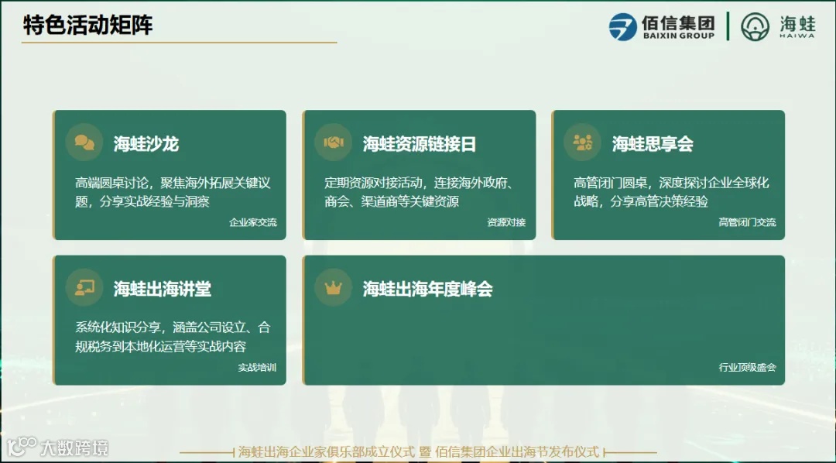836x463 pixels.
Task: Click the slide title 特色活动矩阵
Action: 87,25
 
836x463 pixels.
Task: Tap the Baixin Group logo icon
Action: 622,26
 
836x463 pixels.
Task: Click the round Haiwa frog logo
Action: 755,26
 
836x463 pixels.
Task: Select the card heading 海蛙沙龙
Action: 146,143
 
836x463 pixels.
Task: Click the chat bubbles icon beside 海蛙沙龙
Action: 84,142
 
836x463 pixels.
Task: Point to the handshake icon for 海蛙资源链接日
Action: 334,142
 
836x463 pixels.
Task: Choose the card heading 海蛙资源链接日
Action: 419,143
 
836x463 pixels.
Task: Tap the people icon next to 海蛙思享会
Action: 583,142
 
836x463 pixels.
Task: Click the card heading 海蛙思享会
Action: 653,143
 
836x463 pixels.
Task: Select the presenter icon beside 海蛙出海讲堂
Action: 84,288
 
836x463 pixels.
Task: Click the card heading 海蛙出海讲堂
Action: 162,289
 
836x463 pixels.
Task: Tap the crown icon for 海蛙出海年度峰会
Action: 334,288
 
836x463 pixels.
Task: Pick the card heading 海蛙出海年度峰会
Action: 427,289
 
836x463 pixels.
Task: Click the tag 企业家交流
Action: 252,222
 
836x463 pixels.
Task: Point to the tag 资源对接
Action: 506,222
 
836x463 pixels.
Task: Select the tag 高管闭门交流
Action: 747,222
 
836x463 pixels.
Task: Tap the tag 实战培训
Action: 257,368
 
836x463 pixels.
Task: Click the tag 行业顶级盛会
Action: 747,368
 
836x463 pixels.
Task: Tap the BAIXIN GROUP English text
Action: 678,36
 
